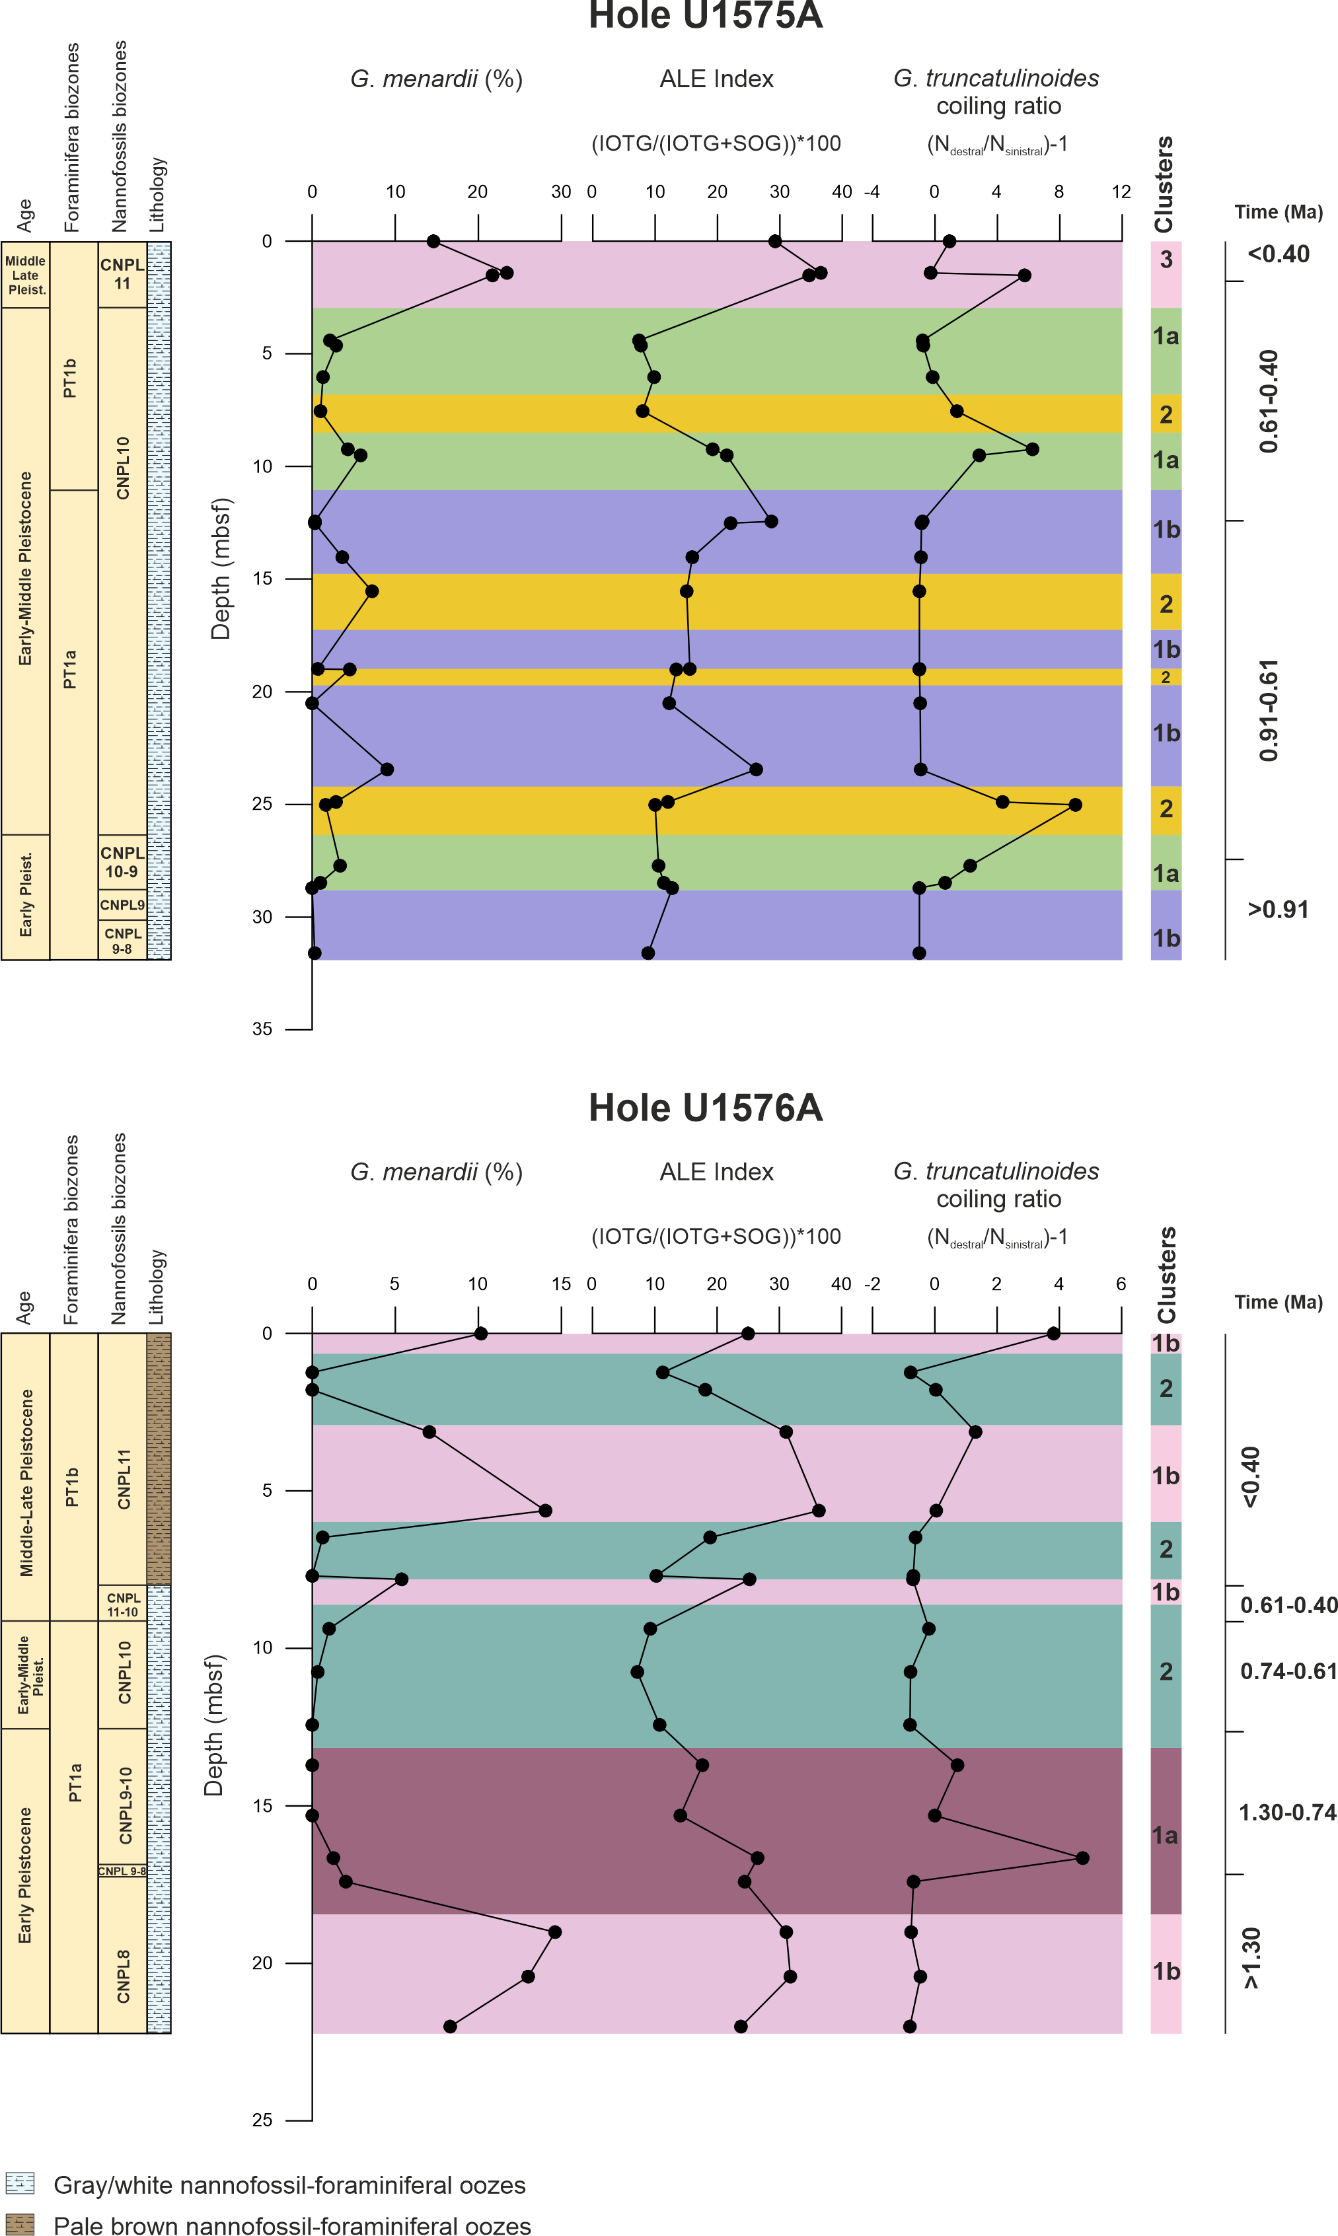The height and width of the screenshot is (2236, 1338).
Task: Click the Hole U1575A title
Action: pos(705,17)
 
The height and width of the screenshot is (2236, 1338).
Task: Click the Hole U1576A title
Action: pos(705,1108)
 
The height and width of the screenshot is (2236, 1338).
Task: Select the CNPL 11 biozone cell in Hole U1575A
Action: pos(122,274)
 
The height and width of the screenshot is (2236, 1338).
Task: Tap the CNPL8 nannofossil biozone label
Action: pos(123,1976)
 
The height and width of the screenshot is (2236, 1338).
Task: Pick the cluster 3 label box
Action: pos(1166,260)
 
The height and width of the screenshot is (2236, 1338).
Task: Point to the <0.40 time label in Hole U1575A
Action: pos(1279,254)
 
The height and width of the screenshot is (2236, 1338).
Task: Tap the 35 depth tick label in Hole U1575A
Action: pos(262,1029)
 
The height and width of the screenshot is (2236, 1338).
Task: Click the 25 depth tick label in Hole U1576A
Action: pos(262,2120)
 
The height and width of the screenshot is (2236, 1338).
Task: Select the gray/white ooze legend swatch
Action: pos(20,2183)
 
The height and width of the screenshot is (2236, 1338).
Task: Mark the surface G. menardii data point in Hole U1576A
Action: pos(480,1333)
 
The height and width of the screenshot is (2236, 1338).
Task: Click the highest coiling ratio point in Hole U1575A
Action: pos(1075,805)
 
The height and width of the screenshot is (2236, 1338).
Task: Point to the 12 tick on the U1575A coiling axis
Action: pos(1121,192)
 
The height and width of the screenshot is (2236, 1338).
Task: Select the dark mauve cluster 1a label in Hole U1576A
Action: pos(1165,1835)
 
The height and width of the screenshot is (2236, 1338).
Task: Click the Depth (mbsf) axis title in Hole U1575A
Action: pos(221,568)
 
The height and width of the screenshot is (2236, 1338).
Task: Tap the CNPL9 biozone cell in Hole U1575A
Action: pos(122,905)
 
